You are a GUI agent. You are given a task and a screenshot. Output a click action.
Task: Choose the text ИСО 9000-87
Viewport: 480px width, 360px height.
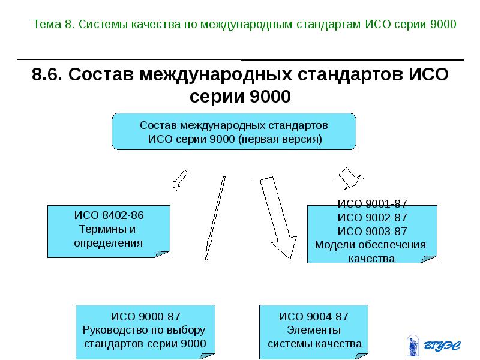pyautogui.click(x=145, y=316)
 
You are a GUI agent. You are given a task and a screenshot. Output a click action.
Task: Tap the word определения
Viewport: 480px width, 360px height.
pyautogui.click(x=108, y=243)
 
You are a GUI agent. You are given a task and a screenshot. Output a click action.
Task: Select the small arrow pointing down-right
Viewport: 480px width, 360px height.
pyautogui.click(x=349, y=178)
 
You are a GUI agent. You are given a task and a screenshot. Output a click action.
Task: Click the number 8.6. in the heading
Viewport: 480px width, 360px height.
pyautogui.click(x=48, y=76)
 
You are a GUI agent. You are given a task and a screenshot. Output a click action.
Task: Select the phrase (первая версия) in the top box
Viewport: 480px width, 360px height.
pyautogui.click(x=280, y=139)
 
